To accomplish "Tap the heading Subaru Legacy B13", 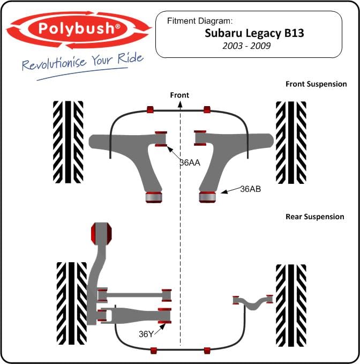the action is pyautogui.click(x=254, y=33).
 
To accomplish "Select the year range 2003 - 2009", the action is pyautogui.click(x=246, y=46).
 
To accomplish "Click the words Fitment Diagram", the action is pyautogui.click(x=199, y=21).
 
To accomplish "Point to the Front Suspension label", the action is pyautogui.click(x=316, y=84).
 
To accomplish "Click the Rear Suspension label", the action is pyautogui.click(x=315, y=217).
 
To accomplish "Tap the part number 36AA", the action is pyautogui.click(x=190, y=163).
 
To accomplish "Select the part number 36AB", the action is pyautogui.click(x=251, y=189).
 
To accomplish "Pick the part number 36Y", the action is pyautogui.click(x=146, y=334).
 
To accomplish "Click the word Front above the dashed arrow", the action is pyautogui.click(x=179, y=95).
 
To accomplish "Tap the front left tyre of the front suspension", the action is pyautogui.click(x=68, y=142).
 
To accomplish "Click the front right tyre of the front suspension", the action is pyautogui.click(x=291, y=143).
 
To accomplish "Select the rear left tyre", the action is pyautogui.click(x=72, y=303).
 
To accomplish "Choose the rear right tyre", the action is pyautogui.click(x=291, y=306).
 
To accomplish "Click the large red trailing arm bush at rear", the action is pyautogui.click(x=101, y=234).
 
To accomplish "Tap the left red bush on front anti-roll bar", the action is pyautogui.click(x=151, y=109).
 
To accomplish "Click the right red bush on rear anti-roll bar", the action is pyautogui.click(x=207, y=351).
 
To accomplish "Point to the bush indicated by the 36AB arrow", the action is pyautogui.click(x=208, y=197).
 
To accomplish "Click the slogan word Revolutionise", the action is pyautogui.click(x=54, y=63).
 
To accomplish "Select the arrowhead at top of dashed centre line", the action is pyautogui.click(x=180, y=105).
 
